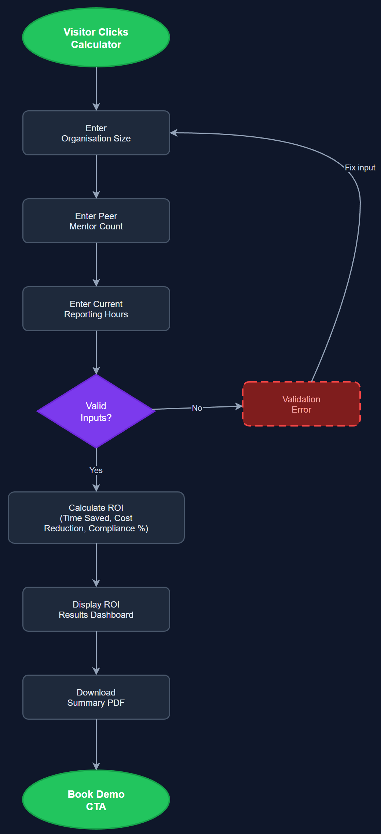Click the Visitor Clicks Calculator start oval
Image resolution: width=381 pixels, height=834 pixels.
point(96,38)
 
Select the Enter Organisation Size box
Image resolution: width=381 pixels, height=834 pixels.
point(96,133)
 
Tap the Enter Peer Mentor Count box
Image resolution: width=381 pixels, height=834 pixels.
point(96,221)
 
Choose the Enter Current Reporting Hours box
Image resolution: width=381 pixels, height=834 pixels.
point(96,309)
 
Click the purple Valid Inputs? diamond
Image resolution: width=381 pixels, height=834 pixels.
point(96,412)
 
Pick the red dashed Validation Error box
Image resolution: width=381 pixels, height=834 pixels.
point(301,404)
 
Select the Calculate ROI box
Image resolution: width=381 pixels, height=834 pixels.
point(96,518)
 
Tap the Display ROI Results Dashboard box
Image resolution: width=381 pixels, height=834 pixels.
point(96,609)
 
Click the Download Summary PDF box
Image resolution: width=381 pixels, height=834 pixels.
point(96,697)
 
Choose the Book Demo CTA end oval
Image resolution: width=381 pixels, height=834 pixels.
point(96,800)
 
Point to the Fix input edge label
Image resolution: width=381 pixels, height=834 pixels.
point(360,168)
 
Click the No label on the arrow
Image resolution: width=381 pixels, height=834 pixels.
point(197,408)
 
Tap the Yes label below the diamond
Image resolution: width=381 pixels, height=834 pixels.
point(96,470)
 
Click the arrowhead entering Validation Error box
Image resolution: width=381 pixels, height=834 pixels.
point(239,406)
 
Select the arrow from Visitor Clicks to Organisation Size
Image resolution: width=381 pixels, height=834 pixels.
point(96,88)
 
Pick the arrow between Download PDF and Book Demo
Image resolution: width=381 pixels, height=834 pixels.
point(96,744)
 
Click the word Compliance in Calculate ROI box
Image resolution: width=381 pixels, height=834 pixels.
point(112,528)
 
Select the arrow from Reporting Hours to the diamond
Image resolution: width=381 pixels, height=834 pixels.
point(96,352)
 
